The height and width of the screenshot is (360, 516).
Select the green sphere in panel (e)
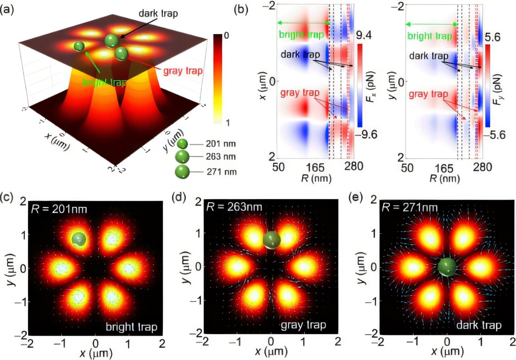[447, 267]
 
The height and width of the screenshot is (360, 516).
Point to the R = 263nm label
[234, 207]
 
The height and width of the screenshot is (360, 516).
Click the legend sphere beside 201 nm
[183, 144]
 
